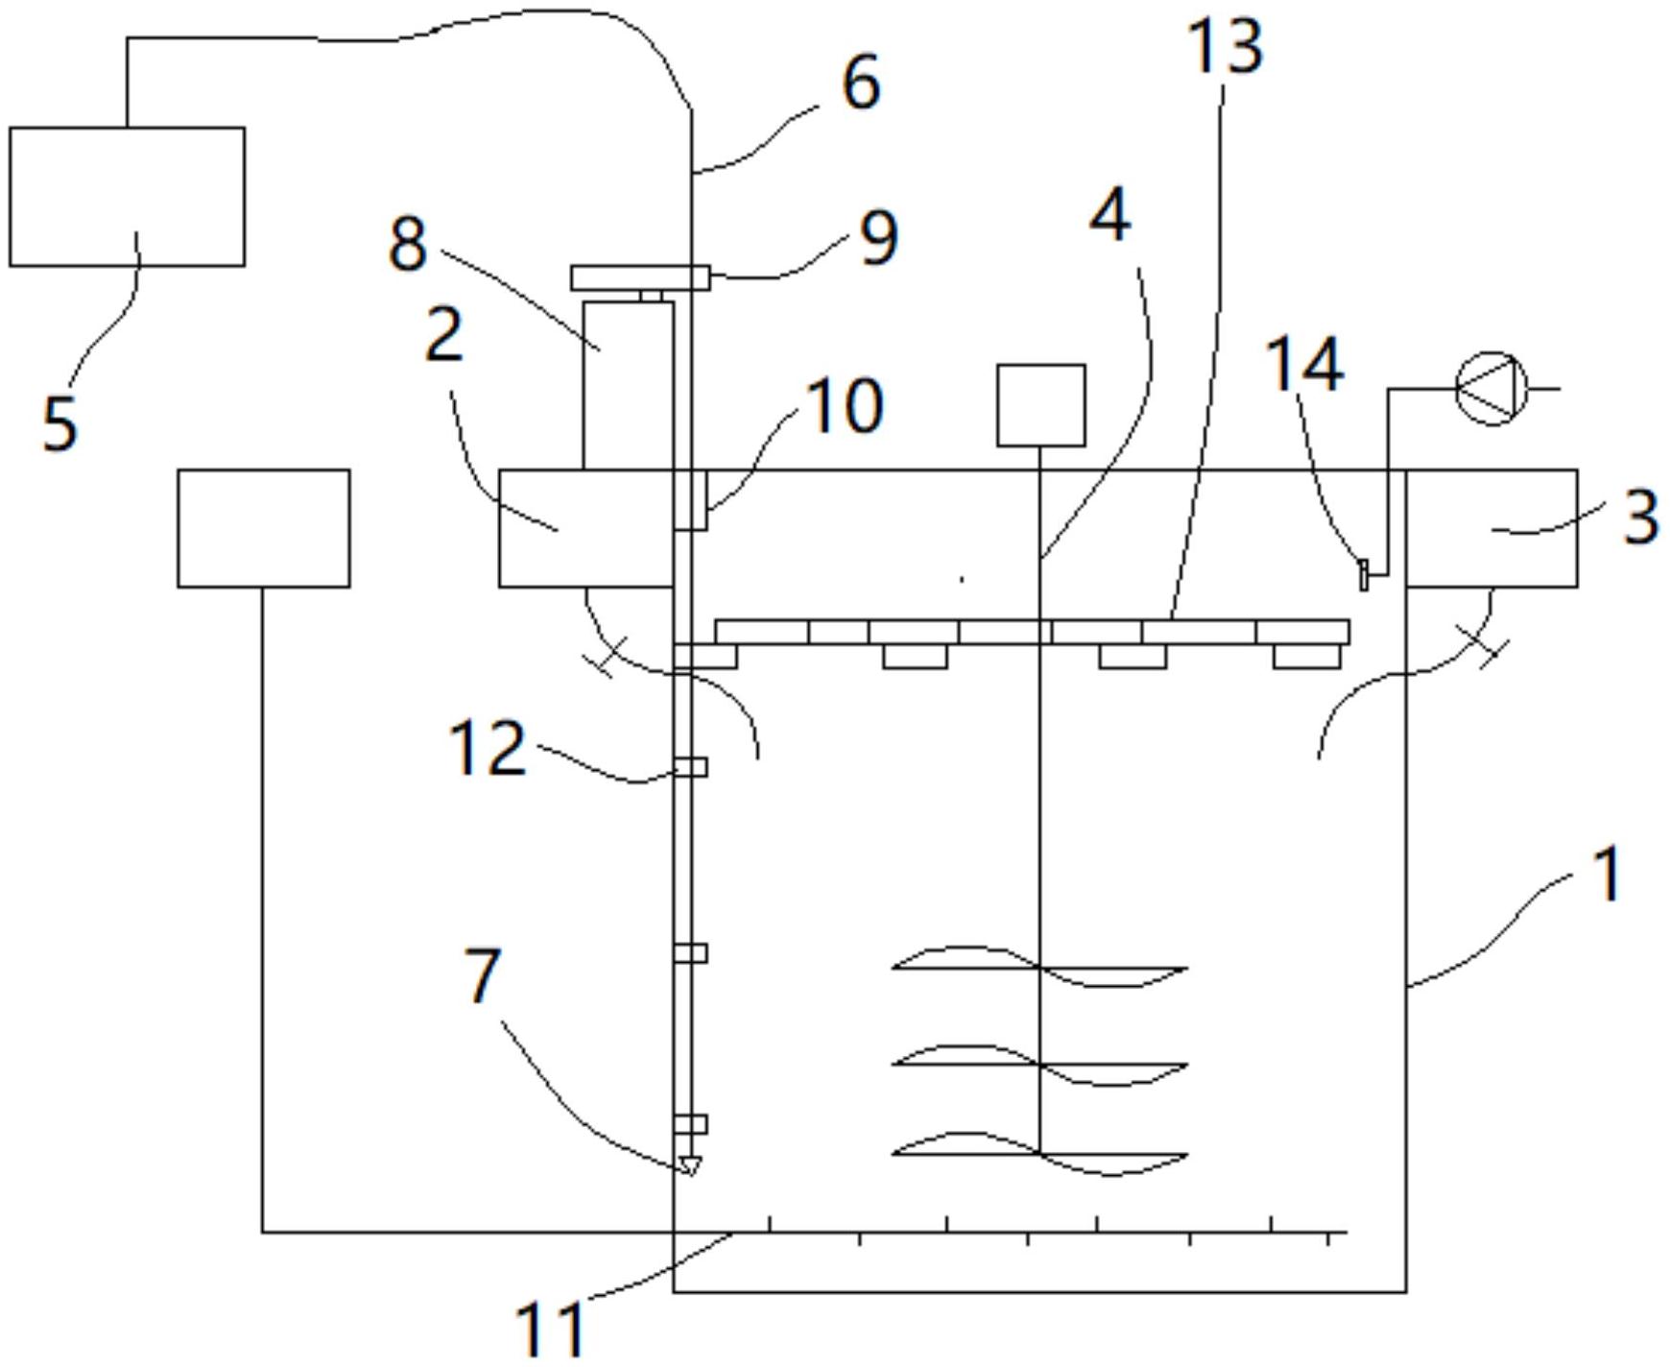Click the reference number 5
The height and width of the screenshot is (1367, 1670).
tap(59, 422)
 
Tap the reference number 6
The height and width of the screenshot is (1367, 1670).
tap(861, 83)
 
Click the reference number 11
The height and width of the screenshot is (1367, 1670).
tap(550, 1330)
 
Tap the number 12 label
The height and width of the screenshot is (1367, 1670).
tap(489, 748)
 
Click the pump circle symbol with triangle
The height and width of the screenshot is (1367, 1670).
tap(1491, 389)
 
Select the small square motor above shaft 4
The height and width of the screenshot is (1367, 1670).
tap(1041, 405)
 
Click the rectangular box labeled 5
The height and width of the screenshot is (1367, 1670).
tap(127, 196)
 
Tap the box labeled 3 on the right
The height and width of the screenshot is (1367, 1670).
tap(1491, 528)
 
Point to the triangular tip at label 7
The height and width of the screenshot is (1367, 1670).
tap(689, 1167)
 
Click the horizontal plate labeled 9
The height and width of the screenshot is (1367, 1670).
tap(640, 277)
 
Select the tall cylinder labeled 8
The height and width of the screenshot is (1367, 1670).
tap(628, 386)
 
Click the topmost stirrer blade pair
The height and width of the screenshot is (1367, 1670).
tap(1040, 967)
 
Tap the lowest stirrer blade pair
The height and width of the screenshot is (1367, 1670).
tap(1040, 1153)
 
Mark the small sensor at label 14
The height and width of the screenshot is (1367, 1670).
tap(1364, 574)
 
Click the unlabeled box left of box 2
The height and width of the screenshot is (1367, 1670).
tap(264, 528)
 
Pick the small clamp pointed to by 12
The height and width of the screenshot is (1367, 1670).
tap(691, 767)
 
